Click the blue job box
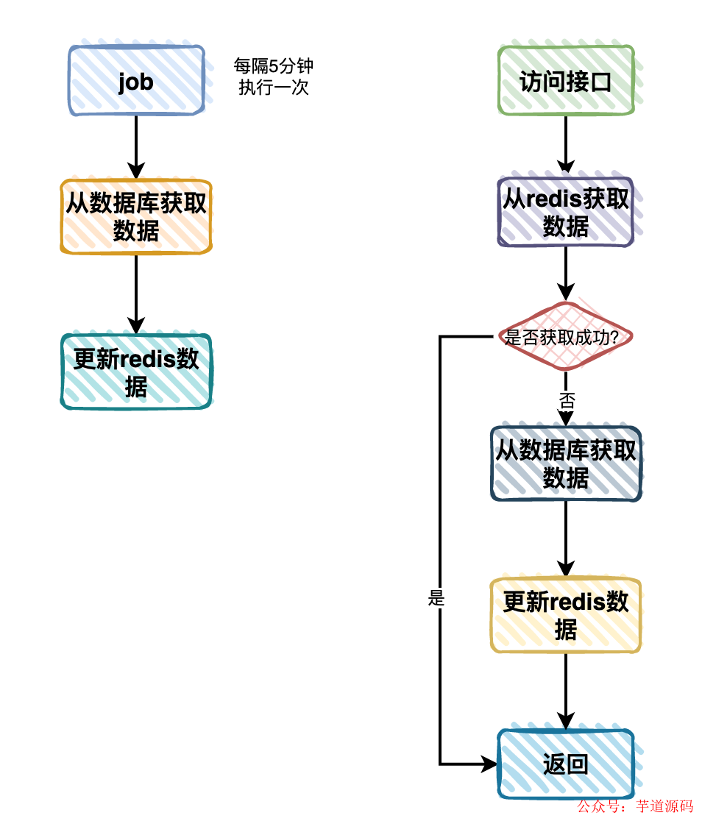tap(136, 81)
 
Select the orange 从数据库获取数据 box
tap(136, 217)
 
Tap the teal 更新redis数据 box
tap(136, 372)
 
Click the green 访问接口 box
tap(565, 81)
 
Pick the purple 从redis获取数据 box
tap(565, 212)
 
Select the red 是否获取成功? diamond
tap(565, 337)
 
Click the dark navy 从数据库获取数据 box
tap(565, 463)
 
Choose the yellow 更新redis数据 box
tap(565, 615)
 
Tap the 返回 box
tap(565, 764)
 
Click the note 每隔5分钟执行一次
tap(273, 77)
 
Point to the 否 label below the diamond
tap(566, 400)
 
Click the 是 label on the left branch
tap(436, 598)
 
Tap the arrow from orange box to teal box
tap(136, 294)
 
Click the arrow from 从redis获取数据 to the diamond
tap(565, 274)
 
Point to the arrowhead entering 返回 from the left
tap(490, 764)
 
